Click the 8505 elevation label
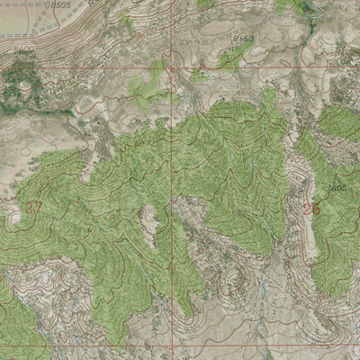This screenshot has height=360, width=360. coord(61,5)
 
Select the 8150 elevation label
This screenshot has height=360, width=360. coord(240,39)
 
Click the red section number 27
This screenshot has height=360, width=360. coord(34,207)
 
